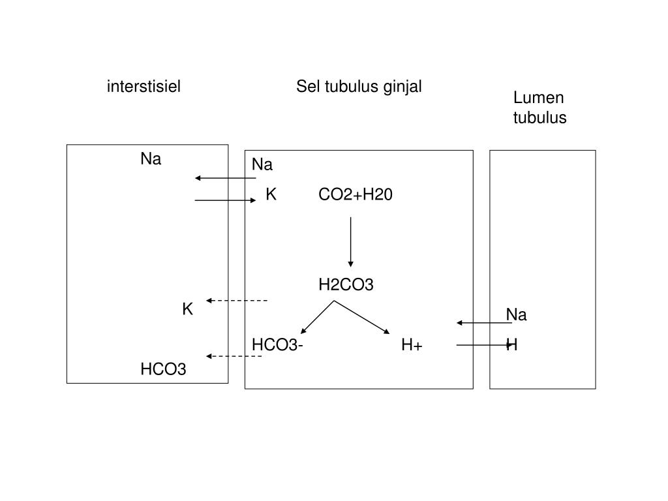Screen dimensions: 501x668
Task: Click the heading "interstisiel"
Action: pos(144,86)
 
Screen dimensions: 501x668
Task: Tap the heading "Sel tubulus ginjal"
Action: pos(359,86)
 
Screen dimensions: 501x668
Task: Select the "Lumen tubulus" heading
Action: pos(539,108)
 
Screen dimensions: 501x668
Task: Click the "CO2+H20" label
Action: pos(356,194)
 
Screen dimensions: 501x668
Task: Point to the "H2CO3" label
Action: pos(346,284)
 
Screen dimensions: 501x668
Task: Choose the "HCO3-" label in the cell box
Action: pos(277,345)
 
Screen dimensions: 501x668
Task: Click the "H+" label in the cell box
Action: pos(412,345)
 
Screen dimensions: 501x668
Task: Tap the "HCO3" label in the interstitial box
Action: pos(163,370)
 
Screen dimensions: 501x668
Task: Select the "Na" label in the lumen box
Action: pos(516,315)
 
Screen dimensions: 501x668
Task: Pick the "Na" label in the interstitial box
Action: pos(151,159)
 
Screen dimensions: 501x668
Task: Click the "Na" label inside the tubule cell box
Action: pos(262,164)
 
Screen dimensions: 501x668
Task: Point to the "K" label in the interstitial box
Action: pos(187,309)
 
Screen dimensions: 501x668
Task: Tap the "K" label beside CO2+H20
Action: pos(271,194)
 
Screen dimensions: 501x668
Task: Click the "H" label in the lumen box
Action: pos(512,345)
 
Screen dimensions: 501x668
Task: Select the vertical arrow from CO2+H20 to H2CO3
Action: pos(351,241)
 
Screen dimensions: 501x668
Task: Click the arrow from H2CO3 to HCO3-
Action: pos(317,318)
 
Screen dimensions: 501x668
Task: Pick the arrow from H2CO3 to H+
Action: pos(362,318)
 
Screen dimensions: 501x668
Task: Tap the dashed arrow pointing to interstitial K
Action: pos(237,301)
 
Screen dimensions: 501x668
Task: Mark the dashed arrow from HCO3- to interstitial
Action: pos(234,356)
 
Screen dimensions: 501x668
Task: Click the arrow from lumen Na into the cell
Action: pos(484,323)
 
